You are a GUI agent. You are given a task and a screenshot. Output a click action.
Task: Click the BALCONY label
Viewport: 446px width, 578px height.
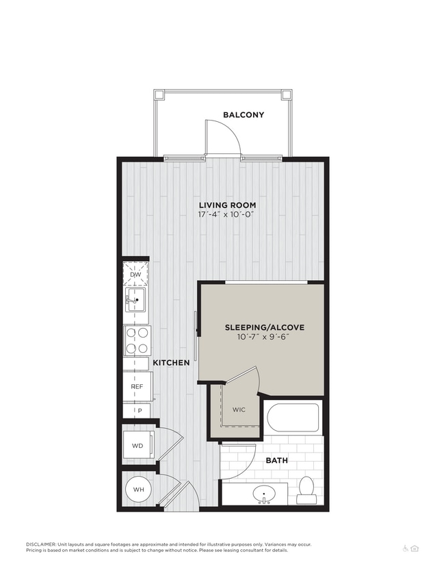click(x=243, y=115)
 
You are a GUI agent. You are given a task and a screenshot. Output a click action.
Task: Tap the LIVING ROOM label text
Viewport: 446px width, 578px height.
click(x=227, y=205)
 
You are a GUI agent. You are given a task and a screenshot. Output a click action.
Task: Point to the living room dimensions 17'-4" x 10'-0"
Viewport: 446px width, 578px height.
click(x=227, y=214)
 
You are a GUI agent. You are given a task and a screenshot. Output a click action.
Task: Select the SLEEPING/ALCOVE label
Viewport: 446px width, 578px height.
click(x=264, y=327)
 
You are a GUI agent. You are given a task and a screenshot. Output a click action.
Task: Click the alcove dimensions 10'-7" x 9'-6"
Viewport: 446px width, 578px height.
click(x=264, y=337)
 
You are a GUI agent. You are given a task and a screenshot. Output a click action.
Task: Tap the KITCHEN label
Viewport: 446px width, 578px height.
click(x=170, y=362)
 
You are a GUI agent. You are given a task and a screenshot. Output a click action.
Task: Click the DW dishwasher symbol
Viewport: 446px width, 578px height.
click(x=135, y=275)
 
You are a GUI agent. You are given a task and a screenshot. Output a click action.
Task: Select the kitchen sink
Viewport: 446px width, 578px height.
click(x=135, y=299)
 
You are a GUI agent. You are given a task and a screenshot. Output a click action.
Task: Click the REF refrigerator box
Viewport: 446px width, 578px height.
click(x=137, y=387)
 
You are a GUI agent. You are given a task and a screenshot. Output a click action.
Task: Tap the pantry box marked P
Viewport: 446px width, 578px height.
click(x=140, y=410)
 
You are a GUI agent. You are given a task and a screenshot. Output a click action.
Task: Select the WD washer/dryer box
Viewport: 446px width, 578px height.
click(x=137, y=445)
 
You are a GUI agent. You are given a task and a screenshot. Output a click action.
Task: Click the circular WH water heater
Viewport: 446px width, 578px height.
click(x=138, y=490)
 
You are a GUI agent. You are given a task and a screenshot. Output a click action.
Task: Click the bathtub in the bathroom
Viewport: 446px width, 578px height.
click(x=292, y=417)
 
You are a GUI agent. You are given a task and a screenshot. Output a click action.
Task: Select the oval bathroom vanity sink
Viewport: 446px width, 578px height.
click(x=265, y=493)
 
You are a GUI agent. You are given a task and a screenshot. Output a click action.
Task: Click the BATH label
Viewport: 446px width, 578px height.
click(x=276, y=460)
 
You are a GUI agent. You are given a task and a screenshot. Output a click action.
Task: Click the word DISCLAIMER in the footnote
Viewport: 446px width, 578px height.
click(x=41, y=544)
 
